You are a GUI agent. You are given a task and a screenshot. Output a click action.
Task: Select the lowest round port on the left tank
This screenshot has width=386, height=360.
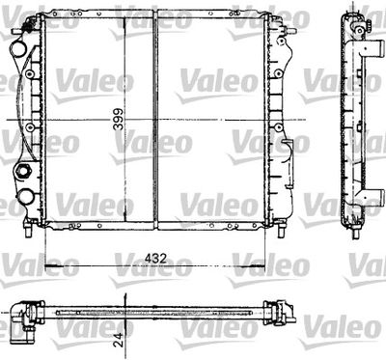click(26, 199)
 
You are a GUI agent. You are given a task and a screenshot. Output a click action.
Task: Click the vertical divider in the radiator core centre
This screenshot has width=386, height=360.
click(154, 120)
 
